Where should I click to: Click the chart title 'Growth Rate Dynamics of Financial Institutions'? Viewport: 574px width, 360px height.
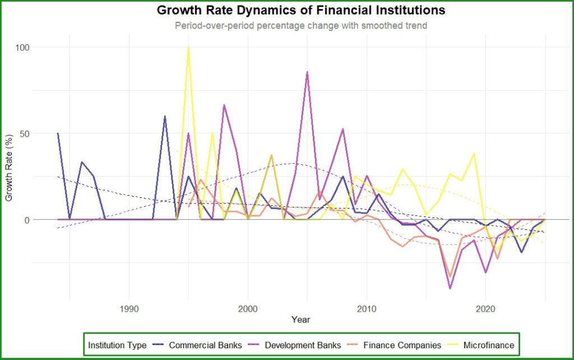tap(301, 10)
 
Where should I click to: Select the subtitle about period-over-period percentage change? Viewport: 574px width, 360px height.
tap(301, 26)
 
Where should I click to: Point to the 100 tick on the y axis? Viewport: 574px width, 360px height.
tap(22, 47)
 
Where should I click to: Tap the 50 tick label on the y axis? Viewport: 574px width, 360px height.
tap(25, 133)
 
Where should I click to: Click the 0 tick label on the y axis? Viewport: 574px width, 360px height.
tap(27, 220)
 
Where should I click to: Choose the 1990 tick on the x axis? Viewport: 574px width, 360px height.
tap(129, 309)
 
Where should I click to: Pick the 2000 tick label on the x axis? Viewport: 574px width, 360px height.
tap(248, 309)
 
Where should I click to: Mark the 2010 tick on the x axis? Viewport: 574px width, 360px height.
tap(367, 309)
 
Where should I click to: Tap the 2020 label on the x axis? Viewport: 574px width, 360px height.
tap(485, 309)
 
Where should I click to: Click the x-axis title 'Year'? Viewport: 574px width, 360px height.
tap(301, 320)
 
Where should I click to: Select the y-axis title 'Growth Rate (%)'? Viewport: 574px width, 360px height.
tap(9, 168)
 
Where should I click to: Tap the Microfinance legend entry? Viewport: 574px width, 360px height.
tap(480, 345)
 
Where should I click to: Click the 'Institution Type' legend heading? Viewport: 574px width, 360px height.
tap(117, 345)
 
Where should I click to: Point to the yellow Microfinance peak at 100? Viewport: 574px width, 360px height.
tap(188, 47)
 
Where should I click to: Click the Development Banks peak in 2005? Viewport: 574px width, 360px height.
tap(307, 72)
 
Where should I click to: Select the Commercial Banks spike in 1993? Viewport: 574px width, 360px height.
tap(165, 117)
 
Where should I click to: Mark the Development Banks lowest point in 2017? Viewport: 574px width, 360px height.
tap(450, 289)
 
